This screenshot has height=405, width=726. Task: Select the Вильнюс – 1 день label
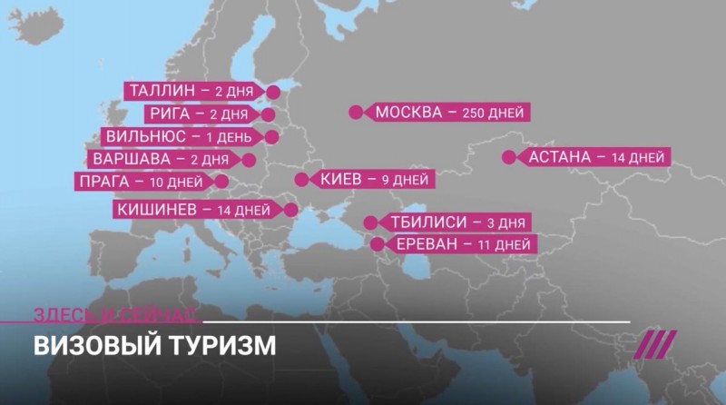176,136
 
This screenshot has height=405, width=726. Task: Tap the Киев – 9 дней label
373,180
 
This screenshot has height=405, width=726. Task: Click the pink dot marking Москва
355,113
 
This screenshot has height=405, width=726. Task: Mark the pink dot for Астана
508,157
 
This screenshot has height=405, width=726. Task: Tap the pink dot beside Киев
301,180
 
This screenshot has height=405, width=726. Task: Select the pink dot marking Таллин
271,91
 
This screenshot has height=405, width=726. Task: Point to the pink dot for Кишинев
290,210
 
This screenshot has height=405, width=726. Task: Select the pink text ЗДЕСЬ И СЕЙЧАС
113,314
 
